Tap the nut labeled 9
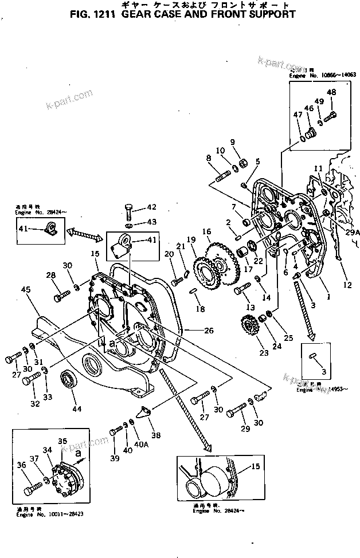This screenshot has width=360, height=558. (242, 164)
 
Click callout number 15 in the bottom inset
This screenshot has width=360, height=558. (255, 467)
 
